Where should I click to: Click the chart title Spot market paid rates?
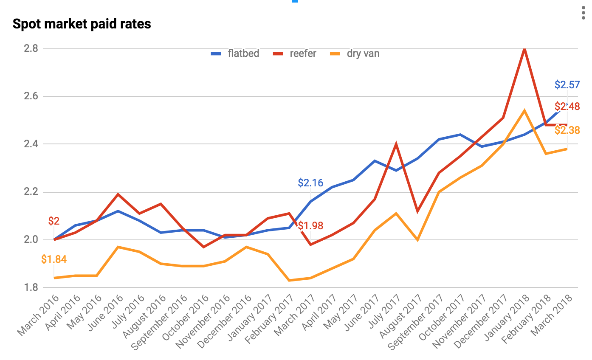coord(82,24)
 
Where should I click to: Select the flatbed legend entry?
coord(235,53)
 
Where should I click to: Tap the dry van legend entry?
coord(354,53)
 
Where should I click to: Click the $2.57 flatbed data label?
coord(567,84)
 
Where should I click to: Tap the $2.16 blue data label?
coord(310,183)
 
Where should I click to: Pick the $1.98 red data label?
coord(310,225)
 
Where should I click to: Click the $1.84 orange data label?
coord(54,259)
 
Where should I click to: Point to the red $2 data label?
coord(54,221)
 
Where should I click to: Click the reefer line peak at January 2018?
coord(525,49)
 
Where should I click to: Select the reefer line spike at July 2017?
coord(396,144)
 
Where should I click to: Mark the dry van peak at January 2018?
coord(525,111)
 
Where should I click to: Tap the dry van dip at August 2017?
coord(417,240)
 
